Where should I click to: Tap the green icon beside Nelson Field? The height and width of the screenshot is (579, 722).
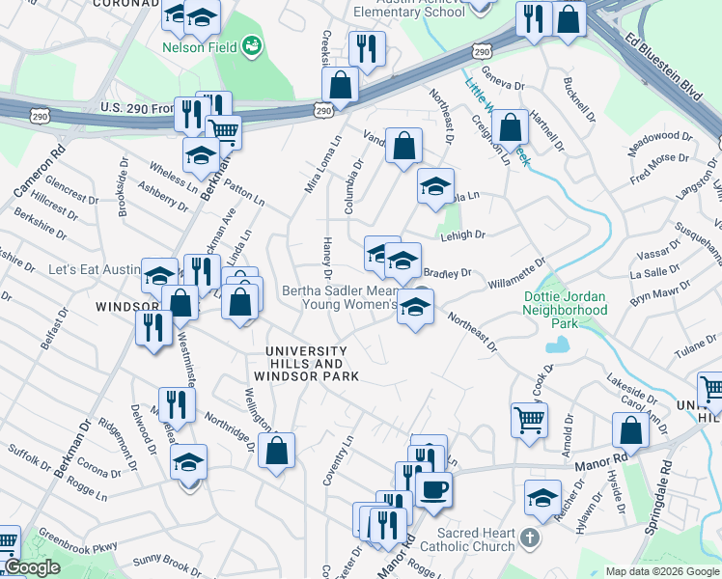[253, 44]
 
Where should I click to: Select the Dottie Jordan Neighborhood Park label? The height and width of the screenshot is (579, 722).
[565, 310]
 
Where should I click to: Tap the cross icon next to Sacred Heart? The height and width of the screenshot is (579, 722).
[529, 538]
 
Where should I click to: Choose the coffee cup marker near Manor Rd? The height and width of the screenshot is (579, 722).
[434, 489]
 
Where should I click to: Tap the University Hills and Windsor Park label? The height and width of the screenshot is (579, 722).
[305, 364]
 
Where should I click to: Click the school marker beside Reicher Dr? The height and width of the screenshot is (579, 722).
[543, 498]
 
